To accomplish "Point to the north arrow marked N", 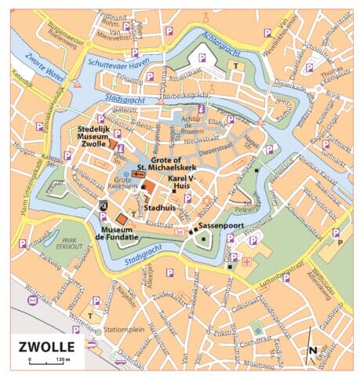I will point(313,352).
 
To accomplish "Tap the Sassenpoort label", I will point(218,225).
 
